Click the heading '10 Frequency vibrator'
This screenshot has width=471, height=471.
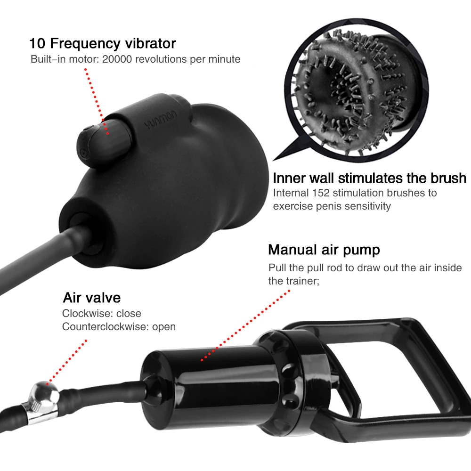(x=102, y=43)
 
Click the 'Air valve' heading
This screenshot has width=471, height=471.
(x=92, y=298)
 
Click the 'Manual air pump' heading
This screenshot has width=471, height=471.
(x=324, y=250)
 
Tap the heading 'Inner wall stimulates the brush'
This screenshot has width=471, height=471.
(x=369, y=178)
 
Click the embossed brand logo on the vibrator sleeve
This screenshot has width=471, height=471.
(x=161, y=120)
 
